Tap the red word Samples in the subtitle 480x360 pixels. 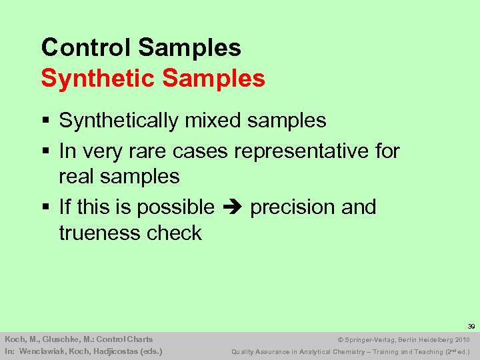coord(213,79)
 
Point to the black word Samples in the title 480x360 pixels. coord(190,47)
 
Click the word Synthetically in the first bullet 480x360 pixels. coord(119,121)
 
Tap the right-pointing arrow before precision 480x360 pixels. coord(232,207)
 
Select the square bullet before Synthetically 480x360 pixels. coord(45,121)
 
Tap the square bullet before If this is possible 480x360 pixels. coord(45,208)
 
